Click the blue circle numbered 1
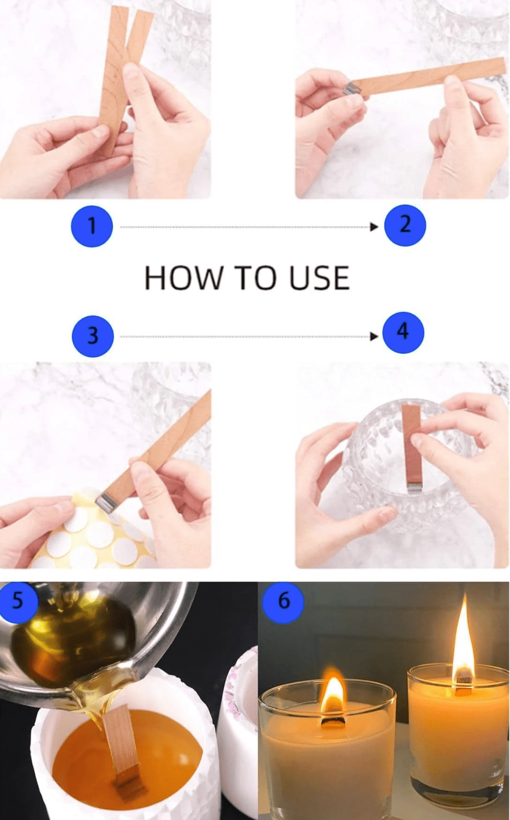(92, 226)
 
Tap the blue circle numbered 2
(405, 224)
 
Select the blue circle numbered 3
(93, 336)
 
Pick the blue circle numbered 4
(403, 333)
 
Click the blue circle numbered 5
(18, 601)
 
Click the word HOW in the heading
(183, 278)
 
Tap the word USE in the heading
(320, 278)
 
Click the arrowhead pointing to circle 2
(374, 227)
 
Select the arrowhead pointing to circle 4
(374, 336)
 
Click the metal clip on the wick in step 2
(351, 88)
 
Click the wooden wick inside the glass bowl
(411, 447)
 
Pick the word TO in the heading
(256, 278)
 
